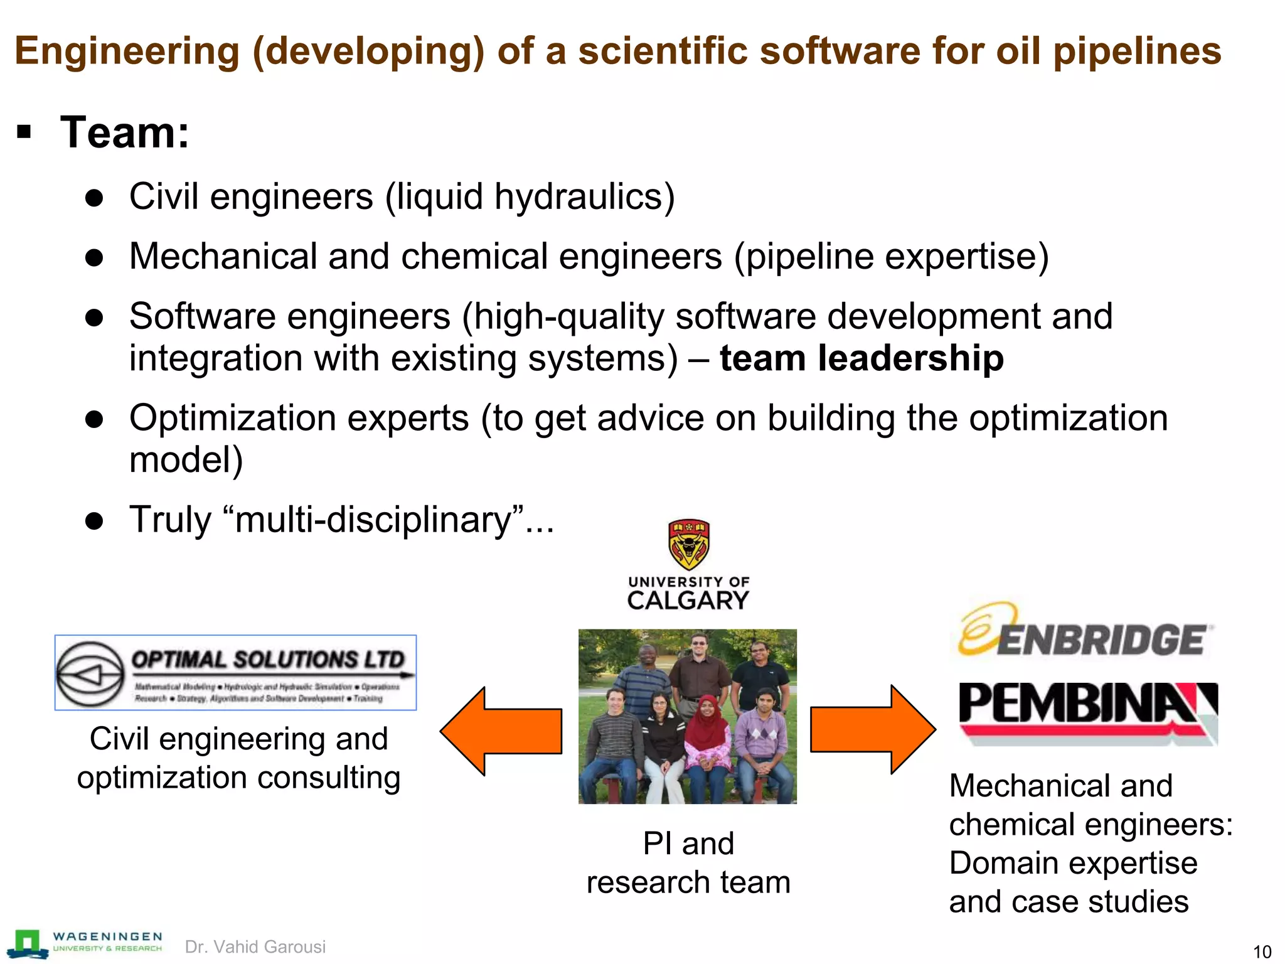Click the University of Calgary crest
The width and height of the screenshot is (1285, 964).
(x=688, y=544)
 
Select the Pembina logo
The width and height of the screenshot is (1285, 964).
(x=1087, y=712)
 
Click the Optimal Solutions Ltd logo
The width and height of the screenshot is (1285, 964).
(x=235, y=672)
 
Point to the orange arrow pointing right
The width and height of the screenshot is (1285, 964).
(x=873, y=729)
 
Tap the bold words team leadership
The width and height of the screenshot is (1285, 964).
(x=861, y=358)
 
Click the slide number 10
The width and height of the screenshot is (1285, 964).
(x=1262, y=951)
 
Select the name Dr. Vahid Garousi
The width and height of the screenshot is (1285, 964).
(x=255, y=946)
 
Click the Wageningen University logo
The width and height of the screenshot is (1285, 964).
(x=85, y=943)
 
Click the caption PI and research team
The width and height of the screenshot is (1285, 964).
(x=688, y=862)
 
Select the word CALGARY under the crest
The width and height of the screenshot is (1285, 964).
(x=688, y=601)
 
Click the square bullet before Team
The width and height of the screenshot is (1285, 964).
(x=24, y=132)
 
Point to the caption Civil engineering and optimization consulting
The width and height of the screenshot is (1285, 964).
(x=238, y=758)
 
